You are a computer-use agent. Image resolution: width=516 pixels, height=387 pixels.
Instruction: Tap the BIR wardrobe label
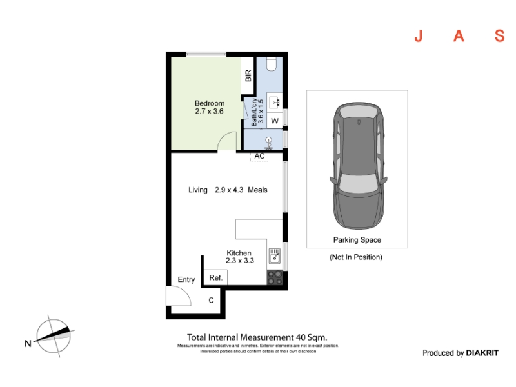coord(248,75)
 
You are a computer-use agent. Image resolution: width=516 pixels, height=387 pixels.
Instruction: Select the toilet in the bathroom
coord(271,64)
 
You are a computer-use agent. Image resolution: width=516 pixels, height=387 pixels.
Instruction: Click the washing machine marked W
coord(275,121)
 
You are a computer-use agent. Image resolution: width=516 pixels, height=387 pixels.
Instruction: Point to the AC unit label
coord(259,156)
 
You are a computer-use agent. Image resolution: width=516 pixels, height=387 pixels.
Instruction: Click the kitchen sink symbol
coord(275,255)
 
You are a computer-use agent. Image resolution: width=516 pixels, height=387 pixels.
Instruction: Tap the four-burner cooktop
coord(275,277)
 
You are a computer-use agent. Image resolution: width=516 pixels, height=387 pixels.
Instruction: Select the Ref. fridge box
coord(215,277)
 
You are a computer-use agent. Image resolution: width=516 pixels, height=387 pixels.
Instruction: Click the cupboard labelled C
coord(211,300)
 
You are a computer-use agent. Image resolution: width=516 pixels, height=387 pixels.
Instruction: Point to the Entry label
coord(186,279)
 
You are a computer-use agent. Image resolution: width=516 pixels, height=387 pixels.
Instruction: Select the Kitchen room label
coord(239,253)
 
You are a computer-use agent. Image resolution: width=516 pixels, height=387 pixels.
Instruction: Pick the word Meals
coord(257,190)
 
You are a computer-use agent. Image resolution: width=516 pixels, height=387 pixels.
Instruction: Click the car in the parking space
coord(359,166)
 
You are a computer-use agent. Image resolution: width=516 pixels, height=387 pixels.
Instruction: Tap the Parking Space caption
coord(357,240)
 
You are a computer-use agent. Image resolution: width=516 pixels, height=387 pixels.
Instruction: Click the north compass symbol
coord(54,336)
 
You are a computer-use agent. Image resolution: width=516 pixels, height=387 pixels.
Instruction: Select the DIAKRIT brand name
coord(482,353)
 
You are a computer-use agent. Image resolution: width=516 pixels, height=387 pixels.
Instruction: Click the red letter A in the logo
coord(459,36)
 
